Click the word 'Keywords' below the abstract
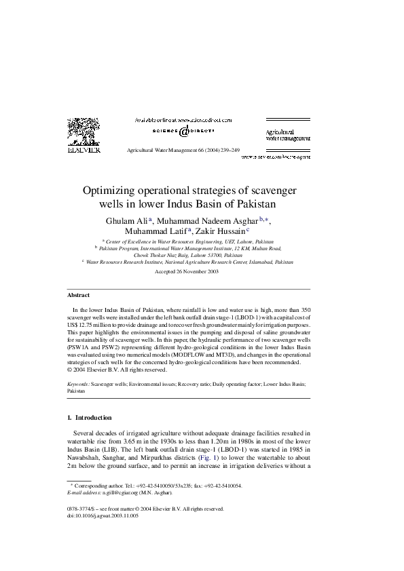(78, 383)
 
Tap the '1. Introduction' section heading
(95, 417)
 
